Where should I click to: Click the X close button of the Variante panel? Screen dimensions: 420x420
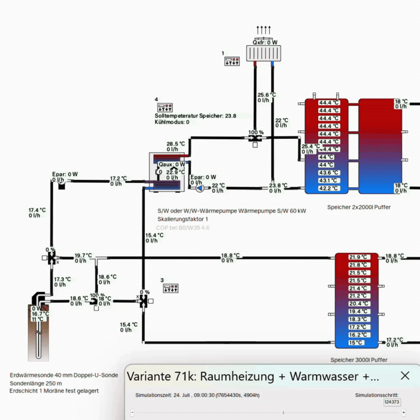pyautogui.click(x=405, y=376)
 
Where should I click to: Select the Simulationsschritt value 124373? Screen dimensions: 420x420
pyautogui.click(x=392, y=402)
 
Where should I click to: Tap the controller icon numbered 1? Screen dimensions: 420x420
pyautogui.click(x=232, y=61)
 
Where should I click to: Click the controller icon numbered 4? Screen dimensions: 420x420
pyautogui.click(x=164, y=108)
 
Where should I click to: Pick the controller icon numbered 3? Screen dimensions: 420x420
pyautogui.click(x=170, y=288)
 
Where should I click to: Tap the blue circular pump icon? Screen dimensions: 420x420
pyautogui.click(x=199, y=188)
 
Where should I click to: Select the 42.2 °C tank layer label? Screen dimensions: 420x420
pyautogui.click(x=329, y=189)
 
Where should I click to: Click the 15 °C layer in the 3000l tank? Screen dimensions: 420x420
pyautogui.click(x=356, y=343)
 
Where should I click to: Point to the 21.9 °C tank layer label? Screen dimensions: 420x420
pyautogui.click(x=357, y=257)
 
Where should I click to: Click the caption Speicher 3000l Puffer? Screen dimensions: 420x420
pyautogui.click(x=359, y=360)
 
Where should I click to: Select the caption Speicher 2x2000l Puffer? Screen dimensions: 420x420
pyautogui.click(x=359, y=207)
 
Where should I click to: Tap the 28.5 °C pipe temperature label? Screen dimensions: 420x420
pyautogui.click(x=176, y=144)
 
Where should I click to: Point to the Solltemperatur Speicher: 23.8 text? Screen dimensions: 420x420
pyautogui.click(x=195, y=116)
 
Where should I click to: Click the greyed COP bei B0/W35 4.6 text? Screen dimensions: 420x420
pyautogui.click(x=182, y=228)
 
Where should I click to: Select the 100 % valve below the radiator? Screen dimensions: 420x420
pyautogui.click(x=255, y=138)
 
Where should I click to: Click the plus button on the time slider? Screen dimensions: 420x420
pyautogui.click(x=404, y=412)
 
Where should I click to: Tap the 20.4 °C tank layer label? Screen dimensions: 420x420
pyautogui.click(x=357, y=304)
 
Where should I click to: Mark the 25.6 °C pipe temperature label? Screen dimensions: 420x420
pyautogui.click(x=267, y=95)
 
